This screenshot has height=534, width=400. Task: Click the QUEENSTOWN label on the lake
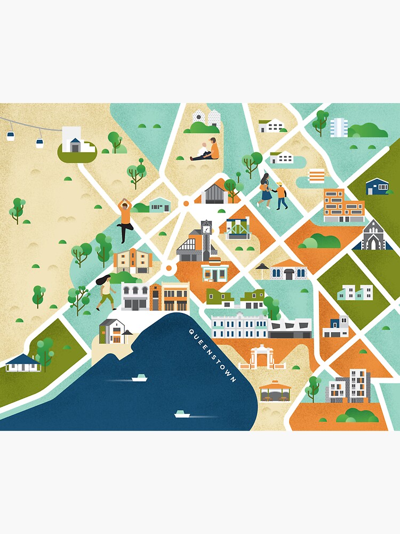point(212,355)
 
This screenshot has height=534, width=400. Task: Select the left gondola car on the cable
point(11,136)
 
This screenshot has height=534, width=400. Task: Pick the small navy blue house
point(377,186)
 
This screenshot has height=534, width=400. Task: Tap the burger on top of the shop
point(215,261)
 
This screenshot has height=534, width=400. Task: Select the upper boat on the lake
point(140,378)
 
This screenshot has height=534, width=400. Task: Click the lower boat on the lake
point(182,414)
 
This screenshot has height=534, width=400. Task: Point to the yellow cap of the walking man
point(279,184)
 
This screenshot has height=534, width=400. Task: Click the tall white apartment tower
point(339,127)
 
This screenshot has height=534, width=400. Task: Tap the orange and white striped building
point(317,176)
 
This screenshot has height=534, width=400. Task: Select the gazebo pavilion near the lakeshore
point(275,391)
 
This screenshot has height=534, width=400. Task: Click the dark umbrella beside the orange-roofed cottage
point(262,267)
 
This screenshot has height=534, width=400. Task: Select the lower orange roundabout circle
point(170,268)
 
